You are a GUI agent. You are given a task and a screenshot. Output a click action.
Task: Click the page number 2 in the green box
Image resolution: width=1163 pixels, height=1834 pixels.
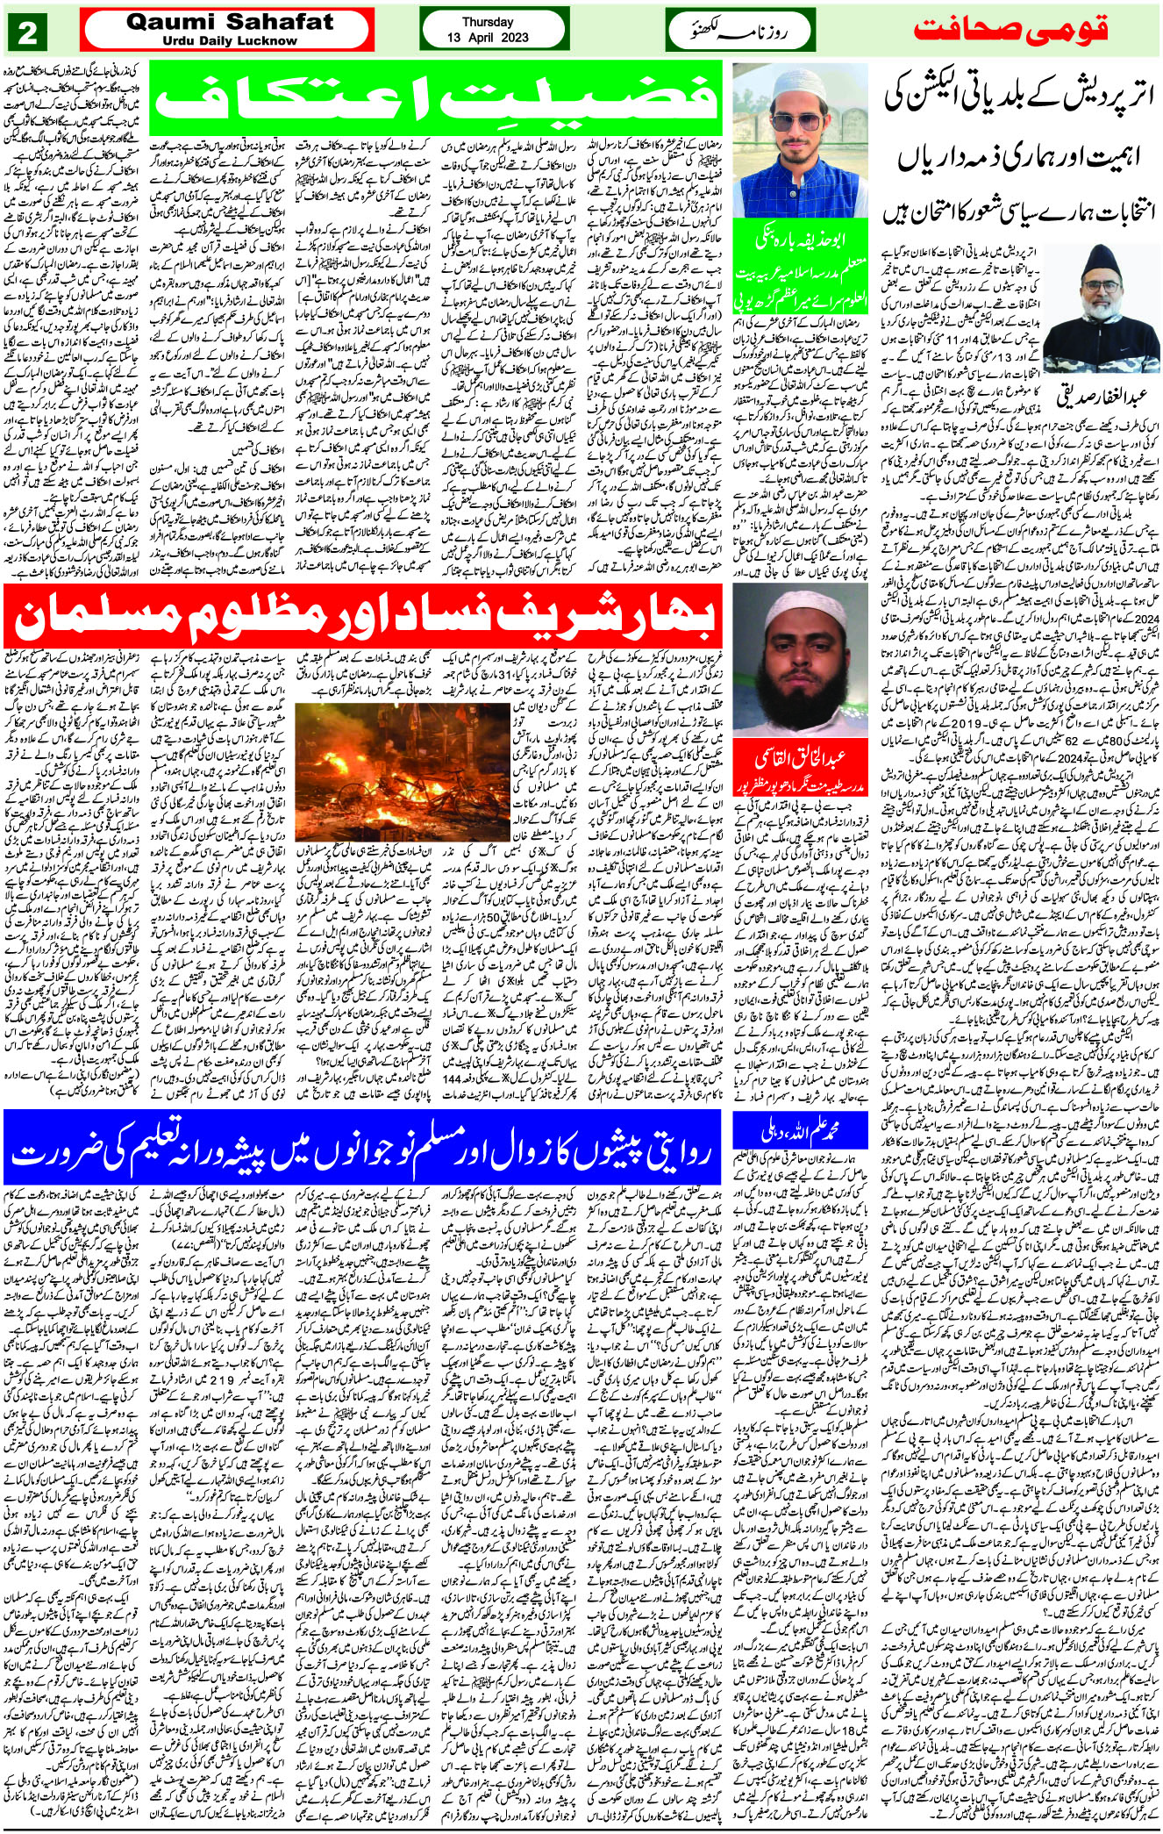pyautogui.click(x=26, y=32)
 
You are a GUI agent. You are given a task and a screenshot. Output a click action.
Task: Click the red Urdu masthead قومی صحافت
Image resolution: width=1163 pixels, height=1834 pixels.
pyautogui.click(x=1010, y=30)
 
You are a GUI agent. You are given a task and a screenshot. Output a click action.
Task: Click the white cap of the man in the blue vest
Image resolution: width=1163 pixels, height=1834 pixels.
pyautogui.click(x=799, y=85)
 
